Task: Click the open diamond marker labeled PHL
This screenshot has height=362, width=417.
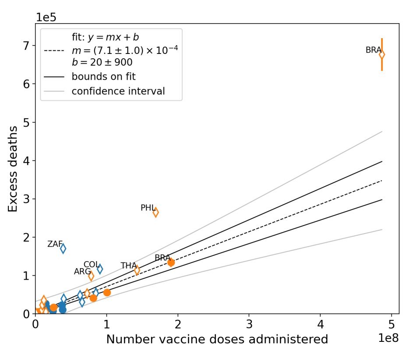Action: (155, 212)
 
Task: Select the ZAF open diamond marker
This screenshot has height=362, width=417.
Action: (63, 248)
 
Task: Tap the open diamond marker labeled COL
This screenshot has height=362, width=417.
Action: (100, 269)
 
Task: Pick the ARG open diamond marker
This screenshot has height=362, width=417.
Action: (91, 276)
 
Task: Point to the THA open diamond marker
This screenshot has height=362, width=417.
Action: (137, 270)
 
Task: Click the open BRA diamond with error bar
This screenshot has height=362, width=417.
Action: (382, 54)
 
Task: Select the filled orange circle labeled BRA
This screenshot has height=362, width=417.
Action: (171, 262)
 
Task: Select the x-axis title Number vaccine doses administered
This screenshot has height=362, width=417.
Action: (217, 340)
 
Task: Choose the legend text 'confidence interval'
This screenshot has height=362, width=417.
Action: (118, 91)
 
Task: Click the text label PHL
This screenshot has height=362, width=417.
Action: (147, 208)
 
